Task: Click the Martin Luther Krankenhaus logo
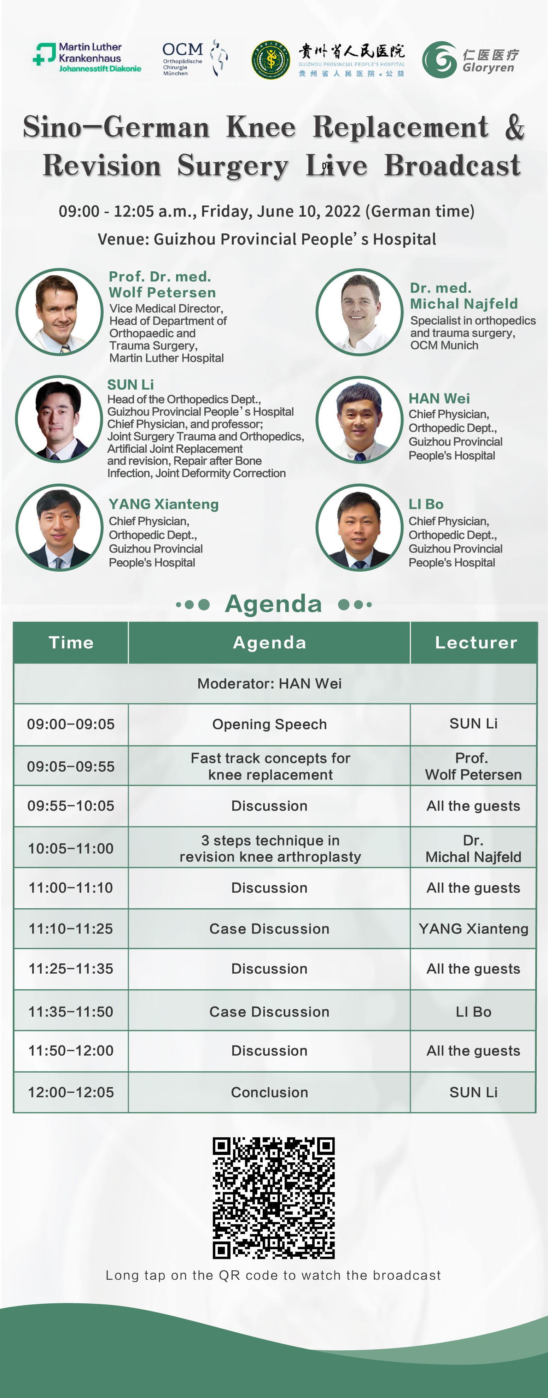[87, 58]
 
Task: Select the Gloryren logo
[470, 60]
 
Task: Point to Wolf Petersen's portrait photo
[59, 312]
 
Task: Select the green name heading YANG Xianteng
[163, 504]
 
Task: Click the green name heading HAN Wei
[439, 398]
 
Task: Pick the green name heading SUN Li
[130, 384]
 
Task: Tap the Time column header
[71, 643]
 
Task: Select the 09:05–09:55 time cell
[71, 766]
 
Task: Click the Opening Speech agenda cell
[269, 725]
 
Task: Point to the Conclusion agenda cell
[269, 1092]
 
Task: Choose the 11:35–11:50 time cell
[71, 1011]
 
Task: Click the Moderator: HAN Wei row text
[269, 683]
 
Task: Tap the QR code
[274, 1198]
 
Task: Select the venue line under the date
[267, 239]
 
